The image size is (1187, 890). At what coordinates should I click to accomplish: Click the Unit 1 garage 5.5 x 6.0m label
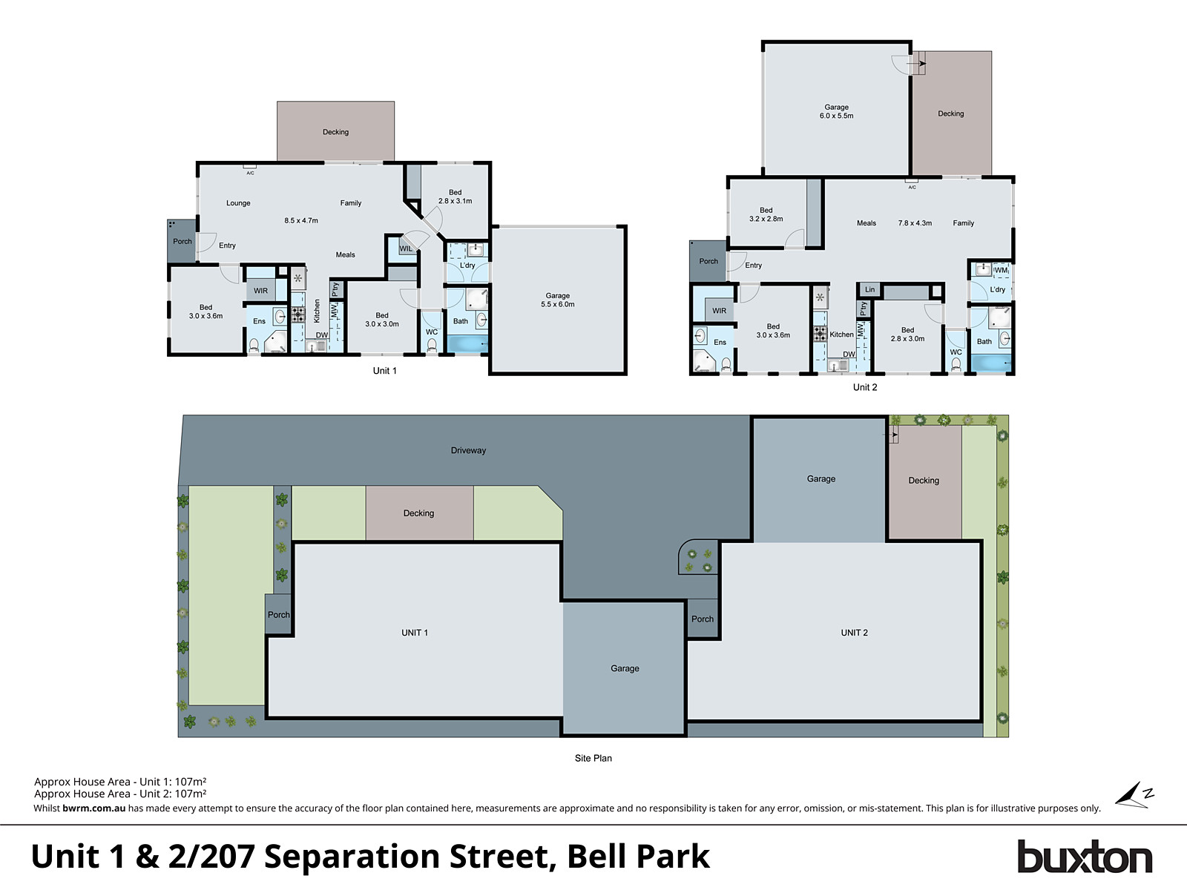pos(557,300)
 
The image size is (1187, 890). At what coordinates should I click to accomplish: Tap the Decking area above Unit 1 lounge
pos(335,131)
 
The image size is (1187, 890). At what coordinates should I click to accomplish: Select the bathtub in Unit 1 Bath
pos(467,344)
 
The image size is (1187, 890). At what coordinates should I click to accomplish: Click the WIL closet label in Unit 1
pos(406,248)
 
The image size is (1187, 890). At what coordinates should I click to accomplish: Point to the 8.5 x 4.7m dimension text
pos(301,220)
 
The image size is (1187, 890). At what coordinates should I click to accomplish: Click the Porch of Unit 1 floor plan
pos(182,241)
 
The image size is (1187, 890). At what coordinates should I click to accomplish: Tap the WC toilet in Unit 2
pos(956,363)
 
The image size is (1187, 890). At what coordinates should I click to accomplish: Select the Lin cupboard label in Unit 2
pos(869,289)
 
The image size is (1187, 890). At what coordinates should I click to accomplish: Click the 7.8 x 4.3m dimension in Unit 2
pos(915,222)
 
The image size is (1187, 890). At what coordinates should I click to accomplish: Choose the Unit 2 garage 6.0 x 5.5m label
pos(836,111)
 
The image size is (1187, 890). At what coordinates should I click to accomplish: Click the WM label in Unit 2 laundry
pos(1001,270)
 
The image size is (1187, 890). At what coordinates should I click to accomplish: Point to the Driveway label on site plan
pos(468,450)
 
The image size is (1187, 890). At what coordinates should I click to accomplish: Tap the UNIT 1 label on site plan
pos(415,633)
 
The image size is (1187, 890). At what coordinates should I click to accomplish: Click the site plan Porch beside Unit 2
pos(702,619)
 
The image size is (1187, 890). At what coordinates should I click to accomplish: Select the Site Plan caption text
pos(593,758)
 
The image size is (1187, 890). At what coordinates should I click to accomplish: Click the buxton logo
pos(1084,857)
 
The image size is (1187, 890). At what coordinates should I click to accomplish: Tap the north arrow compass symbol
pos(1134,795)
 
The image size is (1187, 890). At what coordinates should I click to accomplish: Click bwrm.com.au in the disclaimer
pos(93,808)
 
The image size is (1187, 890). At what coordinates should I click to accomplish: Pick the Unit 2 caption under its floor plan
pos(864,387)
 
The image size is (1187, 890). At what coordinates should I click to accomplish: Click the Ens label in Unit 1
pos(259,321)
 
